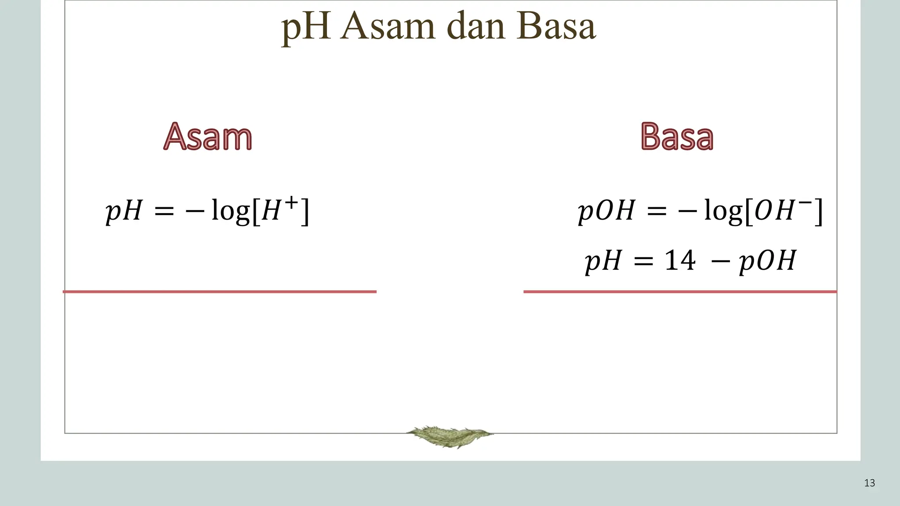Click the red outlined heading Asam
208,137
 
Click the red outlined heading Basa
677,137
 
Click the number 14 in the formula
680,260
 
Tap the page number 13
869,483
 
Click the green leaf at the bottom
449,436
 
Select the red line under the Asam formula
220,292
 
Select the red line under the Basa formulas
680,292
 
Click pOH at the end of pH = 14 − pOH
767,261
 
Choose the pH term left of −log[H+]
124,211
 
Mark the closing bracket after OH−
818,212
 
